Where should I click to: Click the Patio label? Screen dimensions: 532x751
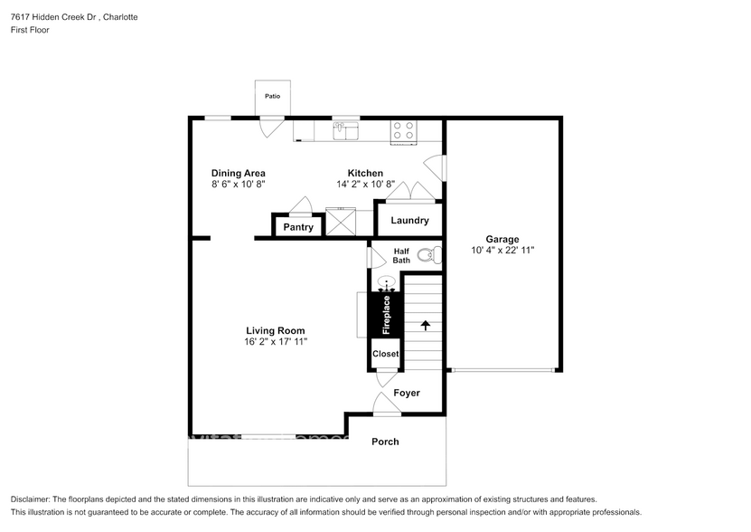[x=272, y=96]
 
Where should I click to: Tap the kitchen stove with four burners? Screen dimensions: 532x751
[x=404, y=132]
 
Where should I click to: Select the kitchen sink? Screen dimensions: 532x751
[x=345, y=132]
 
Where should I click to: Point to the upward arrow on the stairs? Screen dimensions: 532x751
[x=425, y=323]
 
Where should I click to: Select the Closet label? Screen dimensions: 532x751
[x=385, y=354]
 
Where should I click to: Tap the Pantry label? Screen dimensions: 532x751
[x=298, y=227]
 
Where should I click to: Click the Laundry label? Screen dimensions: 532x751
[x=408, y=221]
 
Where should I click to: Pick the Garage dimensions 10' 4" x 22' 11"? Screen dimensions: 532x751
[x=503, y=251]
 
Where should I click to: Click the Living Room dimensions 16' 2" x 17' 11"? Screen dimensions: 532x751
[x=276, y=342]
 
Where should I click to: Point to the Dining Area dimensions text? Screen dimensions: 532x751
[x=238, y=185]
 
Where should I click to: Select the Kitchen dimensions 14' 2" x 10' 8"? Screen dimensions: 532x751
[x=365, y=185]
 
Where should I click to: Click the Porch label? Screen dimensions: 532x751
[x=385, y=442]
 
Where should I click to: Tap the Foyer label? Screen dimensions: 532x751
[x=407, y=393]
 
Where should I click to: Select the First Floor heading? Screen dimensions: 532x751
[x=30, y=30]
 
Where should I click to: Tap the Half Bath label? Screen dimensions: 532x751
[x=401, y=255]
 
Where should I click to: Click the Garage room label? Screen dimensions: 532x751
[x=502, y=239]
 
